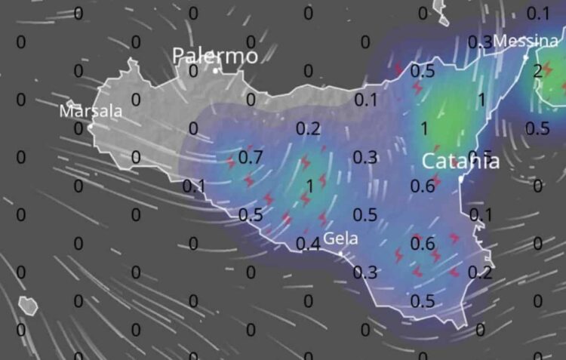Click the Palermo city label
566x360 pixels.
click(215, 55)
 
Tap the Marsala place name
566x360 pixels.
click(91, 111)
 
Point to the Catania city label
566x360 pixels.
click(460, 160)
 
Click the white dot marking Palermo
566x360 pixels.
click(216, 71)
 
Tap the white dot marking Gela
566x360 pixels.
click(341, 254)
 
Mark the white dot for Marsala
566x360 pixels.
click(91, 126)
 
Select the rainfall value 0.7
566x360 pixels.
click(250, 157)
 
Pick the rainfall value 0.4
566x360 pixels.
click(307, 243)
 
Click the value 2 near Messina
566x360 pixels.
click(537, 71)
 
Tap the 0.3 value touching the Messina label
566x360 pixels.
click(481, 42)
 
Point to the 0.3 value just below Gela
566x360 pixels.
click(365, 272)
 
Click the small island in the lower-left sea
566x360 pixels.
click(28, 305)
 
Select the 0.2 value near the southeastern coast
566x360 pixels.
click(480, 272)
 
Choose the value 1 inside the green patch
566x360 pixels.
click(423, 128)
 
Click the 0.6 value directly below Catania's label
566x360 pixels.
click(423, 186)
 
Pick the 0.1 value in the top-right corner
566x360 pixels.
click(537, 13)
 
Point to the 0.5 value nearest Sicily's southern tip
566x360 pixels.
click(423, 301)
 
